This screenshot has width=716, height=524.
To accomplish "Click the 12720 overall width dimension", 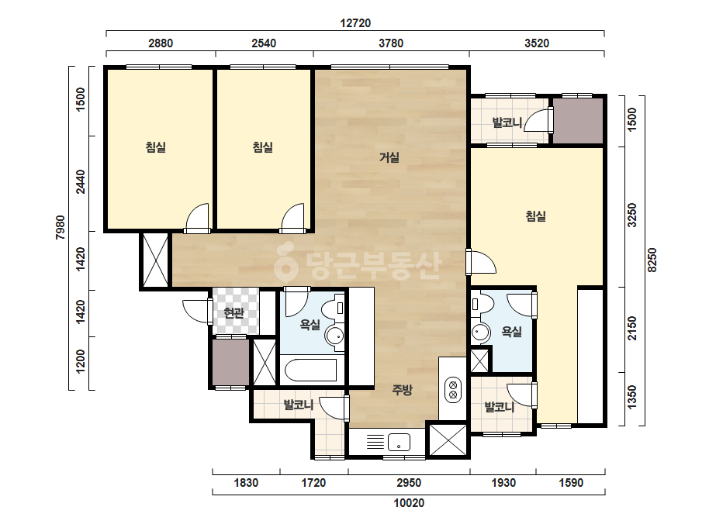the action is coord(355,22).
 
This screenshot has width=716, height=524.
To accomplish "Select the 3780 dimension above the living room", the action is coord(391,43).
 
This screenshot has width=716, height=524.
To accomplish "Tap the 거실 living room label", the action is coord(389,157).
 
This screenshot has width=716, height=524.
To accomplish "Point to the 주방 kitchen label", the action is coord(403,390).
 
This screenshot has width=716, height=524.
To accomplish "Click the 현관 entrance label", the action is coord(233,313).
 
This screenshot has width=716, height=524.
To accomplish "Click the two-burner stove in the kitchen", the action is coord(453,389).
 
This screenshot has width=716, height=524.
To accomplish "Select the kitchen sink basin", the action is coord(399,443).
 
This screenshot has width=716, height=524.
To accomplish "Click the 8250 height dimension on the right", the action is coord(652,260).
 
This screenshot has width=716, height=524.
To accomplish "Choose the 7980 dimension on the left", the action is coord(61,227).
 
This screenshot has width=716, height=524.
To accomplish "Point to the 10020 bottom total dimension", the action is coord(409,503).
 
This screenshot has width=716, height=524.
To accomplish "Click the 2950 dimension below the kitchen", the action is coord(409,483).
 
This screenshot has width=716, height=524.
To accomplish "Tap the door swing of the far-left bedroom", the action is coord(197,217).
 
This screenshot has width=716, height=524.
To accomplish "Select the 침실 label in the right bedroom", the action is coord(535,216).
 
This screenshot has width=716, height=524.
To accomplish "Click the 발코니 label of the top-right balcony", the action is coord(507,122).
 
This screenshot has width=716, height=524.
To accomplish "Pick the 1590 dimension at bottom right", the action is coord(571,483).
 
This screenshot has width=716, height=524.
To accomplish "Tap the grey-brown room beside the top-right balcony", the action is coord(578,120).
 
